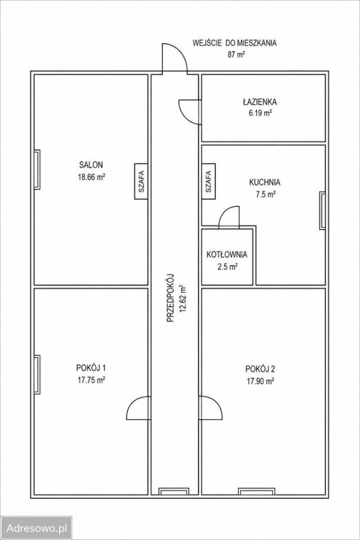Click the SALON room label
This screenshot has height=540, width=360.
coord(91,165)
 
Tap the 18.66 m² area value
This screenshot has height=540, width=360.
coord(91,177)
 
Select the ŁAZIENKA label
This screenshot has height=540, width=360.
coord(260,102)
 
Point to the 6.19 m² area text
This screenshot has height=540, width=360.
coord(260,113)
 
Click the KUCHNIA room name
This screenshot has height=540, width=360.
coord(265,182)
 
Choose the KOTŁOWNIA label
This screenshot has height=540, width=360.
coord(227,254)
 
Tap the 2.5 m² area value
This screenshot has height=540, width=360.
coord(227,267)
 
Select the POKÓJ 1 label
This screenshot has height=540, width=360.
coord(91,368)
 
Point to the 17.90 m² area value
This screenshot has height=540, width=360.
coord(260,381)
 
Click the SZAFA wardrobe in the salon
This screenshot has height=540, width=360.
coord(141,181)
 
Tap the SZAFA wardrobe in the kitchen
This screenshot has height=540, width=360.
coord(208,181)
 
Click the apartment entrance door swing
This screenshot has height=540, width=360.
coord(175,59)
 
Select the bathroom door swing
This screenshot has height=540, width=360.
coord(190,111)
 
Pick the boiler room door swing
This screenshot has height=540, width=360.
coord(229,218)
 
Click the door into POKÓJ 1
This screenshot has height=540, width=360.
coord(138,408)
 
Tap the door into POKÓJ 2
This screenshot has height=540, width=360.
coord(210,408)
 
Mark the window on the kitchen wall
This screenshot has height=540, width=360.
coord(322,210)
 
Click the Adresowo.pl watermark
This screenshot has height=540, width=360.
coord(37,528)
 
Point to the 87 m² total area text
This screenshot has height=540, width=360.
coord(236,55)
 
